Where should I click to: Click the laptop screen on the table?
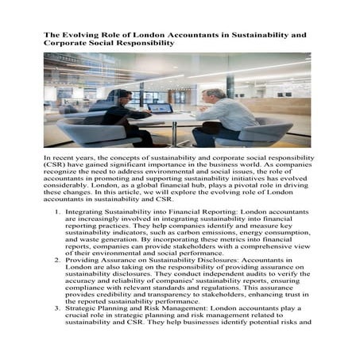click(x=161, y=107)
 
